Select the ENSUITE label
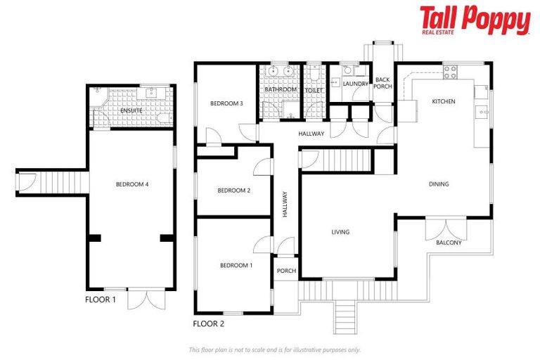(131, 110)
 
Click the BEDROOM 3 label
(226, 103)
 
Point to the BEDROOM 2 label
(233, 191)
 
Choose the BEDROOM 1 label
(236, 265)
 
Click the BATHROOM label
(281, 90)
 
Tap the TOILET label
(314, 90)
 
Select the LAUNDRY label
(355, 84)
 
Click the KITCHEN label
(444, 101)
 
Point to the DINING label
(439, 184)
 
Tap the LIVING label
(340, 232)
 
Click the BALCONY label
(449, 243)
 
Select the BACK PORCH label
(382, 84)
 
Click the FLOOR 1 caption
(101, 300)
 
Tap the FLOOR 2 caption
(208, 324)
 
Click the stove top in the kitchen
(449, 72)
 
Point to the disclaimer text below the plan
(274, 349)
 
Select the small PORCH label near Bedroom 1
(286, 271)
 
